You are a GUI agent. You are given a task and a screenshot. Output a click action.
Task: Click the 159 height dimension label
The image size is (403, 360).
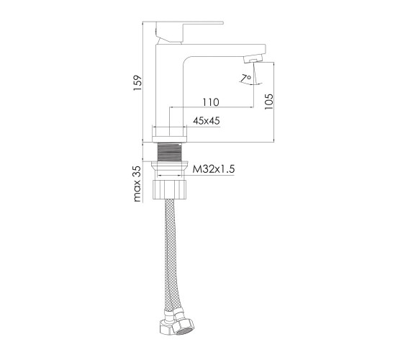coord(137,83)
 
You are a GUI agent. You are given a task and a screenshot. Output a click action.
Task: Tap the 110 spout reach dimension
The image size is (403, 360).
coord(211,102)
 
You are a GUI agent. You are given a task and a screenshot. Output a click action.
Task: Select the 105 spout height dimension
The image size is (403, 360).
coord(269,102)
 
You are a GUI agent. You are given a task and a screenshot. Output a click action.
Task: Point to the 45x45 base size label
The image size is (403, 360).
coord(207,121)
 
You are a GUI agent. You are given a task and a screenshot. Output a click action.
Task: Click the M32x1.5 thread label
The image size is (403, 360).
coord(214,169)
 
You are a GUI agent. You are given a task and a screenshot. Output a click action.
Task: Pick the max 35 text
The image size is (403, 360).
coord(137,184)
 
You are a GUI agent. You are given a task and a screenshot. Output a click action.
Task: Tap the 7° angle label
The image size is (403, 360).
coord(246,78)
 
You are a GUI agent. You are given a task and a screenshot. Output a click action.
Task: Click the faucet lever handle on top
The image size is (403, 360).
coord(189,32)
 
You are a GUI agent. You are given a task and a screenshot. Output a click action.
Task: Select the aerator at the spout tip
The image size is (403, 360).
coord(253,58)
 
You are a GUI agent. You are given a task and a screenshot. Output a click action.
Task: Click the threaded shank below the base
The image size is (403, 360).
coord(169,152)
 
